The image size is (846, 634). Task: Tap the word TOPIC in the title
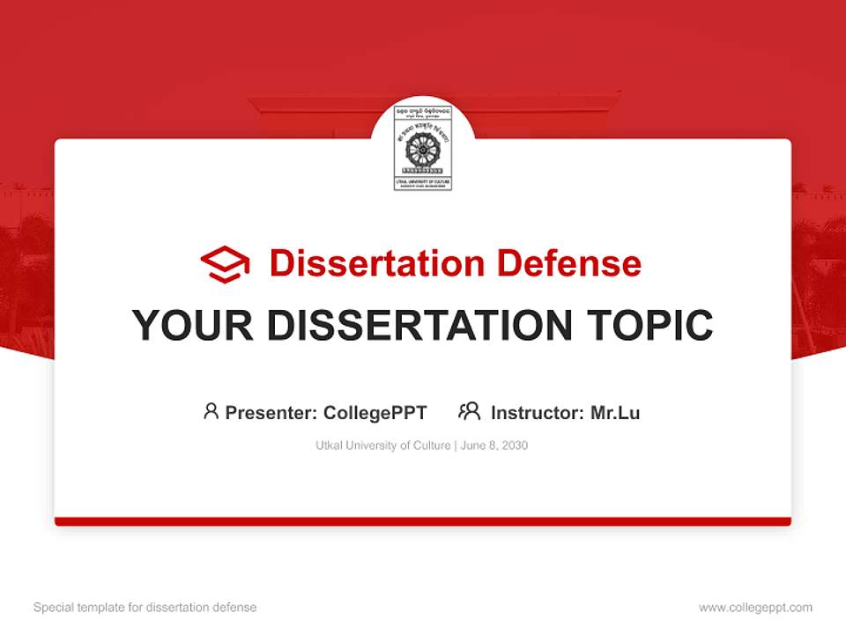tap(651, 326)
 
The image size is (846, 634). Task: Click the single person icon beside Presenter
tap(211, 411)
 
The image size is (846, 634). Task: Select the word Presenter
tap(271, 412)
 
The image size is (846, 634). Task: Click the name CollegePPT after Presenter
tap(375, 412)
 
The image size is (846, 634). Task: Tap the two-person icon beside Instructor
tap(469, 411)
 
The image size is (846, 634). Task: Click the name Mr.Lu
tap(615, 412)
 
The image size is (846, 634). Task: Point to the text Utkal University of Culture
tap(383, 446)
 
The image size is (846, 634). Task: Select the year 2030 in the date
tap(515, 446)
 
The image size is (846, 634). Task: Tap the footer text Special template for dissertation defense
tap(145, 608)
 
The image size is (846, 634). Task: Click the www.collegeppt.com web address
tap(755, 608)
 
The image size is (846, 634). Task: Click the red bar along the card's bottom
tap(423, 521)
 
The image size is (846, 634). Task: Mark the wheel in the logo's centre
tap(422, 151)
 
